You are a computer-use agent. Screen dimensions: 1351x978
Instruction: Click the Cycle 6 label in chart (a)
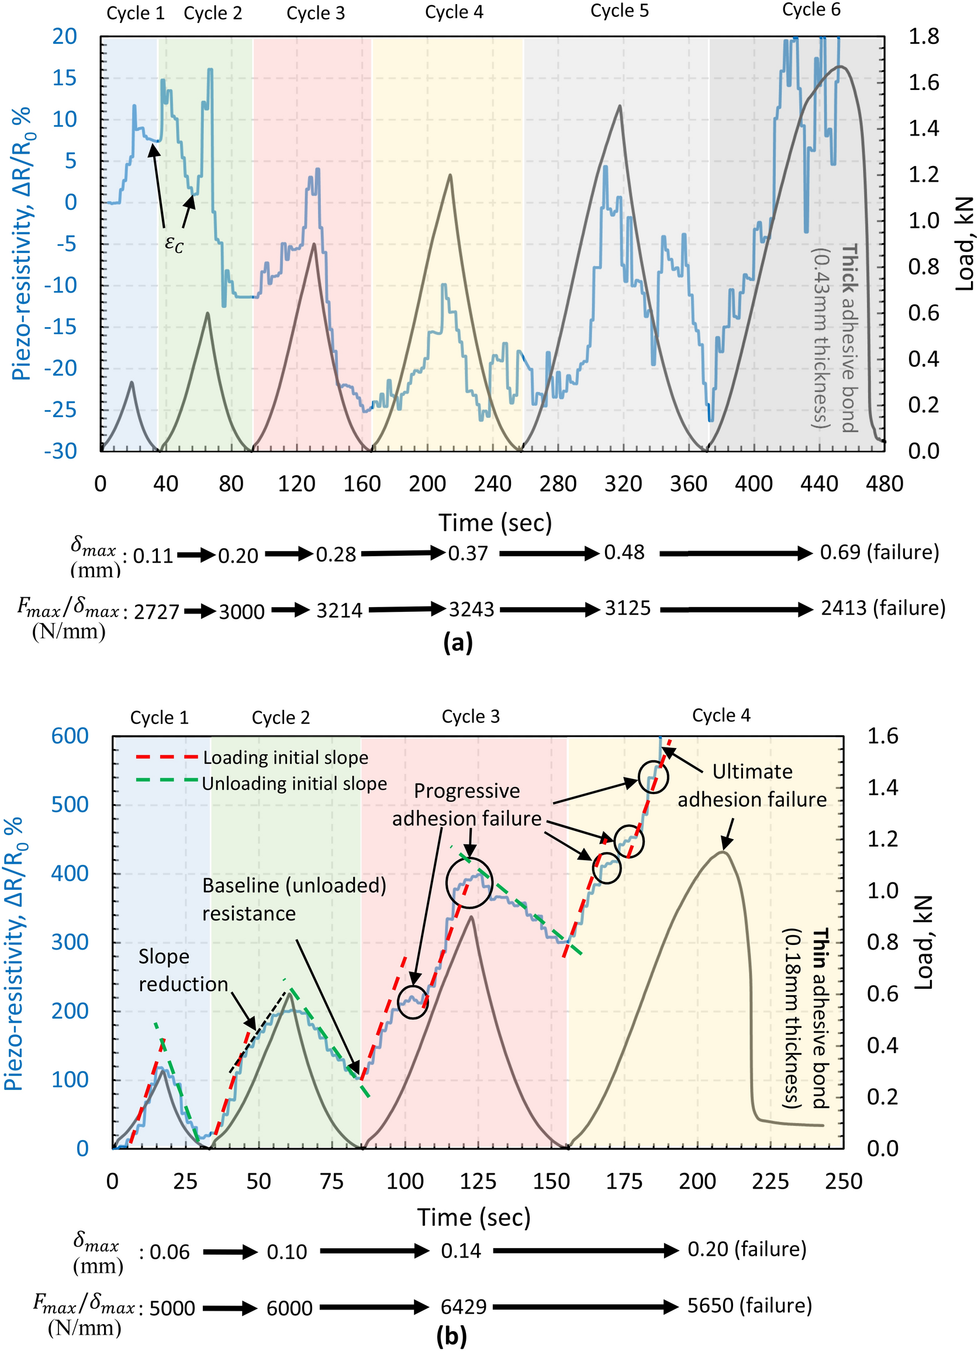(x=811, y=10)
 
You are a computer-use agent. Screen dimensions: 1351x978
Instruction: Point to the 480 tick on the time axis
(x=884, y=484)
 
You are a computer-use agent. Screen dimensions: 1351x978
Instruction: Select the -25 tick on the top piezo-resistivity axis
(x=60, y=410)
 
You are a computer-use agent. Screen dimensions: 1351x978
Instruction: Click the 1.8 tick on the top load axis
(x=923, y=36)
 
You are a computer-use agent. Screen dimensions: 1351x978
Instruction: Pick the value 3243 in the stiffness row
(x=471, y=609)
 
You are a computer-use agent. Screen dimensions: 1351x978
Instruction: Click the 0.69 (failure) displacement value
(x=879, y=552)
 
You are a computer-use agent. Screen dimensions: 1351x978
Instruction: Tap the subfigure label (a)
(x=458, y=643)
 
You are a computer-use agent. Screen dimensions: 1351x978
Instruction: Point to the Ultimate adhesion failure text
(x=752, y=786)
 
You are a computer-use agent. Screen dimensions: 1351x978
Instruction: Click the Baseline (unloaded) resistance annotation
(x=293, y=899)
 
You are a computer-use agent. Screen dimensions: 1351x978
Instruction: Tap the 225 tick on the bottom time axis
(x=770, y=1181)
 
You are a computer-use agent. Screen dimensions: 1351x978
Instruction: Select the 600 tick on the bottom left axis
(x=70, y=736)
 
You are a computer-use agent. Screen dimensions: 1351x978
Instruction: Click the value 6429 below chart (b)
(x=463, y=1307)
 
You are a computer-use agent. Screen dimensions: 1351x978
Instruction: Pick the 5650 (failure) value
(x=749, y=1306)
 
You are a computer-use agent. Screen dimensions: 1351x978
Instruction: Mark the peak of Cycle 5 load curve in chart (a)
(x=620, y=106)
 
